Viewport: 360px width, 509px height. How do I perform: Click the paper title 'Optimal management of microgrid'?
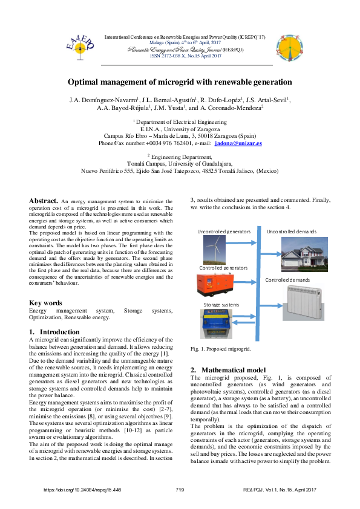coord(180,82)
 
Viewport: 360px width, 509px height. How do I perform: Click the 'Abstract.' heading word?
coord(44,200)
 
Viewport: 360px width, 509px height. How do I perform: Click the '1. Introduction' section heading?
coord(54,332)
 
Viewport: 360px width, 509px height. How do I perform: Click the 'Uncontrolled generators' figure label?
coord(224,232)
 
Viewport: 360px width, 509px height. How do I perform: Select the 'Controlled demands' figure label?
coord(287,280)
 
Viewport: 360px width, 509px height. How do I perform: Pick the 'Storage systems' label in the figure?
coord(221,305)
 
